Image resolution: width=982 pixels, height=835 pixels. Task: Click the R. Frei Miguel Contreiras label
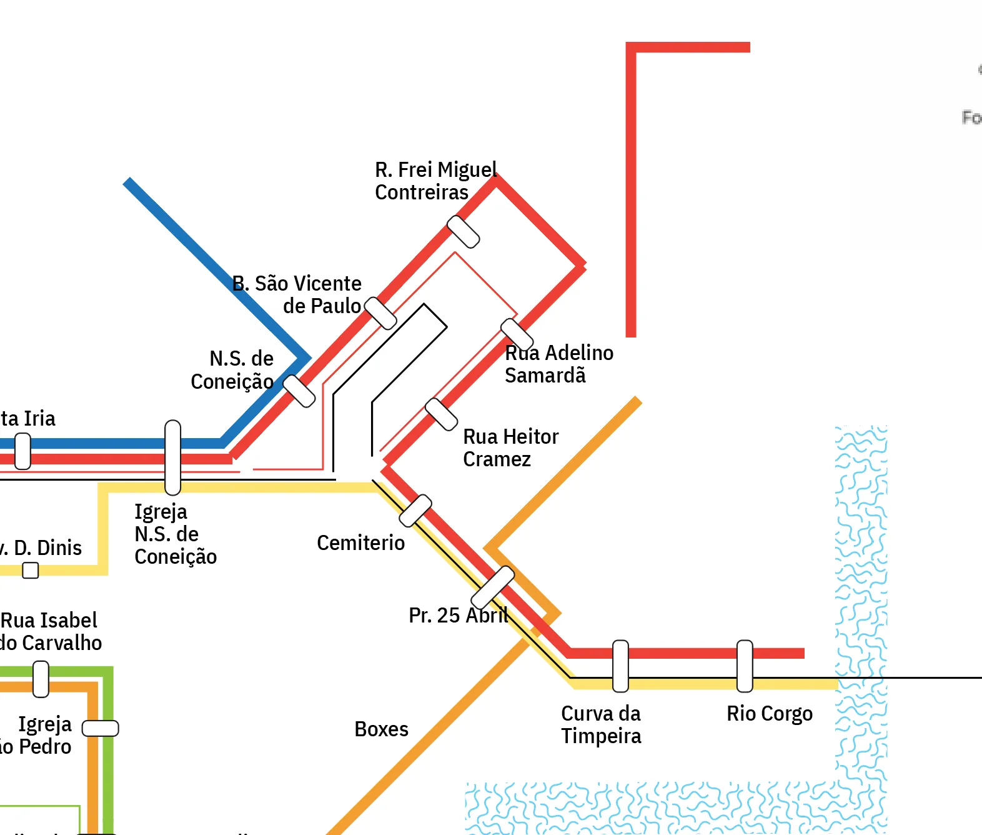(x=435, y=181)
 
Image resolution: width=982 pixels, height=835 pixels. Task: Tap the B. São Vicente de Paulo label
(x=297, y=294)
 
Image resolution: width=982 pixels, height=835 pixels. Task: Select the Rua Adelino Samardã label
(x=558, y=364)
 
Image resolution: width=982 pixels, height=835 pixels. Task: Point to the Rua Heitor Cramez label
(x=510, y=447)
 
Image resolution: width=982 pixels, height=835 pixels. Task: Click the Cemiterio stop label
(x=360, y=542)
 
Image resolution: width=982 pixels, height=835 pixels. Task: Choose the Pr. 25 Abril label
(x=458, y=615)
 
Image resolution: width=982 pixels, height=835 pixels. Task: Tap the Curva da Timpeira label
(x=600, y=724)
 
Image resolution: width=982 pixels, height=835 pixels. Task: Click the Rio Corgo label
(x=769, y=713)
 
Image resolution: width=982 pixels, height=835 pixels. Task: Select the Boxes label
(x=381, y=729)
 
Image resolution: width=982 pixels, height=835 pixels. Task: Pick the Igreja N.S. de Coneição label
(x=175, y=534)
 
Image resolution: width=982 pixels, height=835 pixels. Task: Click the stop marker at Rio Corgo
(x=745, y=666)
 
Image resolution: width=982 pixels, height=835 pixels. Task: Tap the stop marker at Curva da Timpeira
(x=620, y=666)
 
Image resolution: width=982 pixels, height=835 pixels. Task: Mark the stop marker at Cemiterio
(x=415, y=510)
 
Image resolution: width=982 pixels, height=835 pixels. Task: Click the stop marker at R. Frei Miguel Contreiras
(x=464, y=232)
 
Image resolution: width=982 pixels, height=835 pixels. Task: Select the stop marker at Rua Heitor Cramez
(x=441, y=414)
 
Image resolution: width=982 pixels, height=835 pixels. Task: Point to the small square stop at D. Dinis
(x=30, y=570)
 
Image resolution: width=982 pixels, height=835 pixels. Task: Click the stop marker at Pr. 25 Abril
(x=492, y=587)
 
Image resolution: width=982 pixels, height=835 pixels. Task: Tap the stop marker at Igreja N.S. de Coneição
(x=173, y=457)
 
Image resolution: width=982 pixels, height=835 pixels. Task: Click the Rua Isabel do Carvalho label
(x=50, y=631)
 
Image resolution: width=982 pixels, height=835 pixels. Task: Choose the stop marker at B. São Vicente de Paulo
(x=380, y=313)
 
